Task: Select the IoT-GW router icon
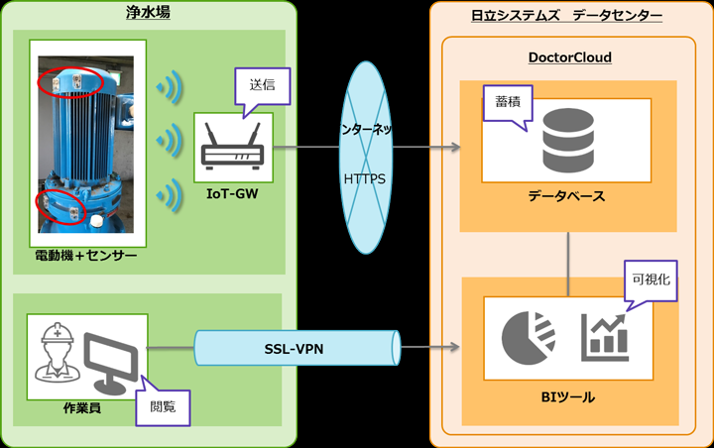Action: [x=233, y=147]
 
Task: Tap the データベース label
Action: [x=566, y=197]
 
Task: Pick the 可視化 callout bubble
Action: [x=650, y=280]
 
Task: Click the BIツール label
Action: [x=568, y=396]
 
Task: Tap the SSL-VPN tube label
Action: [x=298, y=349]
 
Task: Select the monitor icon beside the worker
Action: [x=111, y=359]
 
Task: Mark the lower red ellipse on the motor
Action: [x=59, y=206]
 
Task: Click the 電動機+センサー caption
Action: [x=87, y=258]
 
